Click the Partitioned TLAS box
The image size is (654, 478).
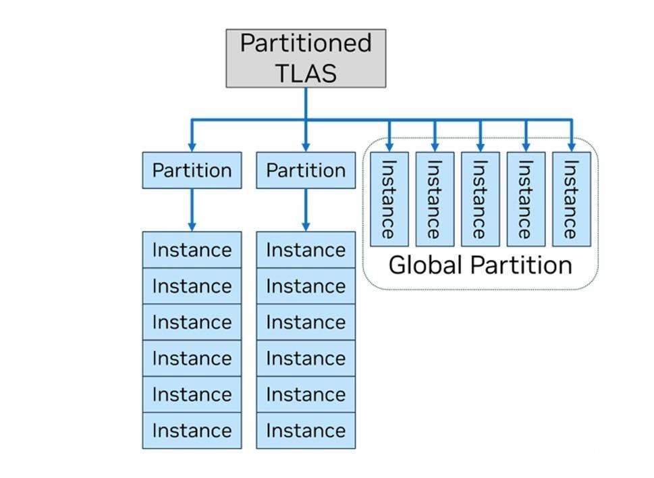tap(306, 58)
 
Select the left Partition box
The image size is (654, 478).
tap(192, 170)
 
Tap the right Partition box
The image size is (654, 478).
tap(306, 170)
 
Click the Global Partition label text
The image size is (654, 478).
tap(480, 265)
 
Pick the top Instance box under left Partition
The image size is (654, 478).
tap(192, 250)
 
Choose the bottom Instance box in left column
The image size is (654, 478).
tap(192, 430)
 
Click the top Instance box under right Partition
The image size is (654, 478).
tap(306, 250)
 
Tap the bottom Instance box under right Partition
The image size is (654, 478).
tap(306, 430)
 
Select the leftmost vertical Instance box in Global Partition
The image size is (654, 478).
tap(389, 199)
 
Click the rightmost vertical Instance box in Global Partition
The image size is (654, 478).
tap(572, 199)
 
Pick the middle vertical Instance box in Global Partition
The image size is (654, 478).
tap(480, 199)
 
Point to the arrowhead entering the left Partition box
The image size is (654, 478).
tap(192, 146)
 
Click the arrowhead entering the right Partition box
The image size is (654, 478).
tap(306, 146)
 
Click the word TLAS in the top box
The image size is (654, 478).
tap(306, 73)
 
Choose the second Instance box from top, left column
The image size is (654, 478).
tap(192, 286)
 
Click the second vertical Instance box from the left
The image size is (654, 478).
tap(435, 199)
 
